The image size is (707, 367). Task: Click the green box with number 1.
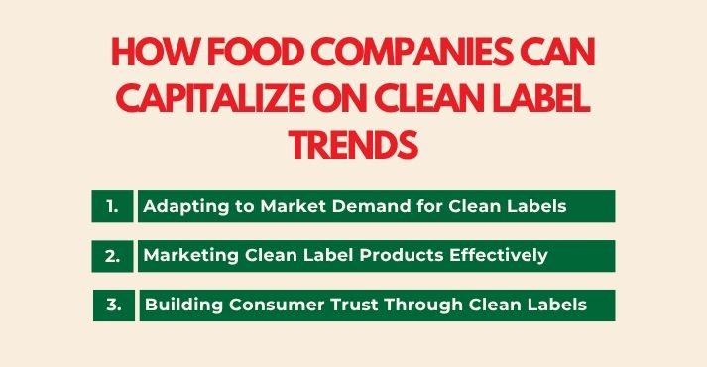point(112,206)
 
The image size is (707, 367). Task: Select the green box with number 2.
point(112,255)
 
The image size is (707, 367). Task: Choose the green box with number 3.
point(114,305)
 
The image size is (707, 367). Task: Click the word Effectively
point(502,255)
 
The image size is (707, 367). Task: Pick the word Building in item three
point(178,305)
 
